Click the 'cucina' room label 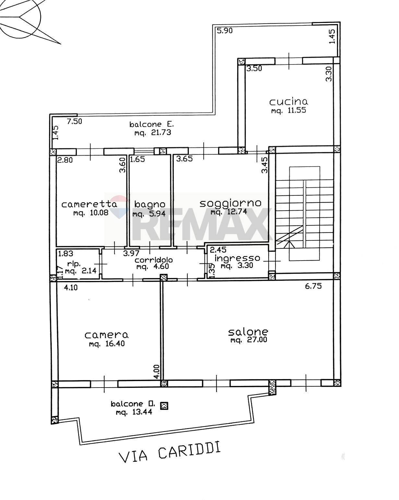[288, 102]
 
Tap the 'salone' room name [248, 332]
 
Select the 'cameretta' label [89, 204]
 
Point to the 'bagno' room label [150, 204]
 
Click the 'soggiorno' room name [230, 203]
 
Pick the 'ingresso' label [237, 258]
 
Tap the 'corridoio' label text [153, 260]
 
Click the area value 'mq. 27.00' [249, 341]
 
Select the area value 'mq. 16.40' [107, 343]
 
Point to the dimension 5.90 [225, 31]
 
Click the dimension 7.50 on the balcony [75, 121]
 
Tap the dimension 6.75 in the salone [313, 286]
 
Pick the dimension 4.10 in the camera [71, 288]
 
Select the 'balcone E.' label [151, 124]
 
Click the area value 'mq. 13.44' [134, 412]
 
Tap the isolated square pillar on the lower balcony [164, 406]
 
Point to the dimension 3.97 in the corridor [131, 253]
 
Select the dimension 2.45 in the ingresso [218, 250]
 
